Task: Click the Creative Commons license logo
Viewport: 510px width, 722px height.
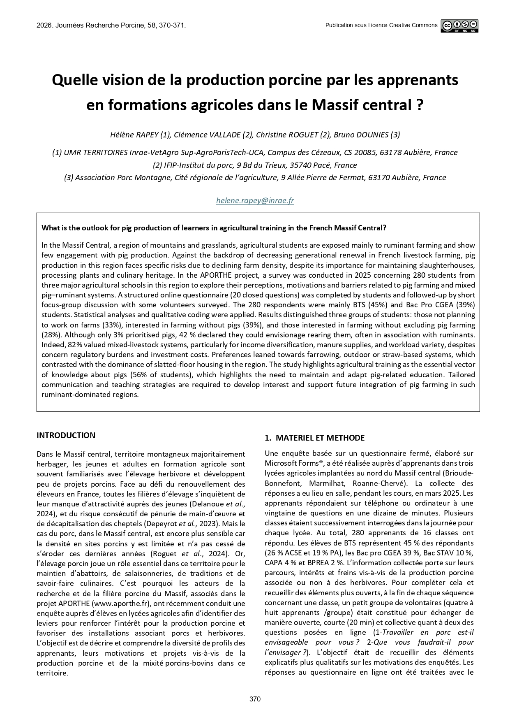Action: tap(459, 26)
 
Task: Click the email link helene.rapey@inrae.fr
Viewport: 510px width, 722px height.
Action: tap(255, 201)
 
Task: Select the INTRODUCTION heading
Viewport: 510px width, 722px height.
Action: tap(66, 435)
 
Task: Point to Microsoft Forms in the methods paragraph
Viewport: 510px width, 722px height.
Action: tap(286, 463)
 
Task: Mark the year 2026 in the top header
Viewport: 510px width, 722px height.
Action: tap(44, 26)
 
